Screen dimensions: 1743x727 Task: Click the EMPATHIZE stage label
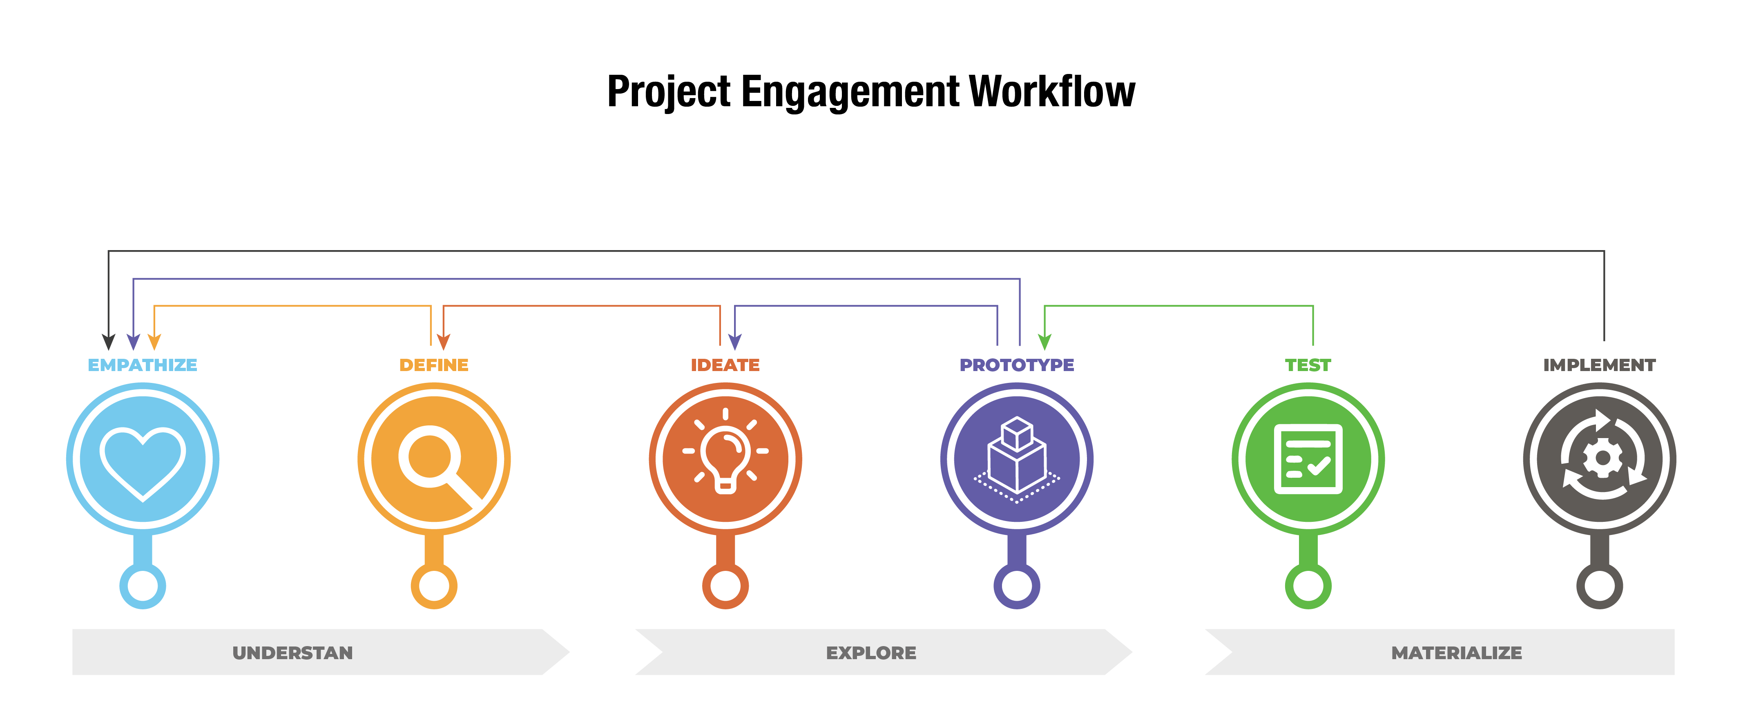(x=143, y=365)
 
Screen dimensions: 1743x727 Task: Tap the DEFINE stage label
(x=434, y=365)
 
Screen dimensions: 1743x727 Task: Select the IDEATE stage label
(x=725, y=365)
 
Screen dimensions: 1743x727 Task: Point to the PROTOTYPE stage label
(x=1017, y=365)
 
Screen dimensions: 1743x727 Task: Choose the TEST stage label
(x=1308, y=365)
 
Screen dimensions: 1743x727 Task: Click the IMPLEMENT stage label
(x=1600, y=365)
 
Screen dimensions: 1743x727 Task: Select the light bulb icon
(x=725, y=451)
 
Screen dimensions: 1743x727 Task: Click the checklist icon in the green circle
(x=1308, y=459)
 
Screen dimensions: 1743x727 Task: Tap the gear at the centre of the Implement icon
(x=1602, y=458)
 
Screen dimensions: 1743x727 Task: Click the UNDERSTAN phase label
(x=292, y=653)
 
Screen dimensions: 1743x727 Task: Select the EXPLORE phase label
(x=871, y=653)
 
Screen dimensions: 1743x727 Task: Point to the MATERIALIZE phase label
(x=1457, y=653)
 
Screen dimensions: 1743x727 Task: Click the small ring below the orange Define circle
(x=434, y=586)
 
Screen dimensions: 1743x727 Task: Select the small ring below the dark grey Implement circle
(x=1600, y=586)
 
